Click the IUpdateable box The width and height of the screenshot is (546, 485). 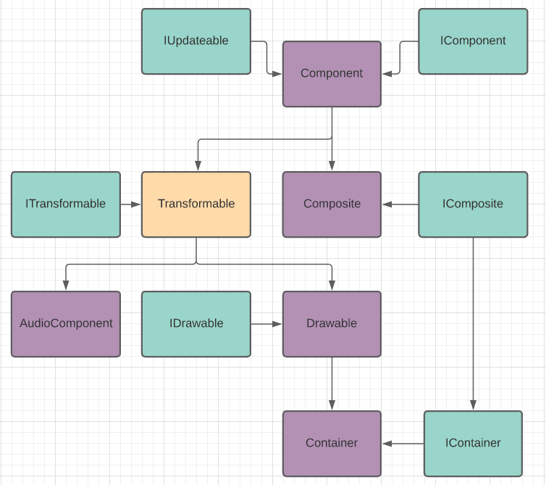[196, 41]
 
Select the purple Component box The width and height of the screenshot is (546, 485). [332, 74]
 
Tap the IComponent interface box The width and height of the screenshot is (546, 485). [473, 41]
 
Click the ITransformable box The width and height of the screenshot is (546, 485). [66, 204]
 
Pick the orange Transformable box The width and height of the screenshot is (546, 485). [196, 204]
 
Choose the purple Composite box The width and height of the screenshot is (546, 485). [332, 204]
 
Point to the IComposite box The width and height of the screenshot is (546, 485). [473, 204]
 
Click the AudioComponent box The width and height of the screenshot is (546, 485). [66, 324]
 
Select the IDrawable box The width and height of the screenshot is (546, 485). [196, 324]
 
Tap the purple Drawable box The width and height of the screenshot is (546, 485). [332, 324]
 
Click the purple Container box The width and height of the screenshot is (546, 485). [332, 444]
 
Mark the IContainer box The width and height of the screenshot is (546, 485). [473, 444]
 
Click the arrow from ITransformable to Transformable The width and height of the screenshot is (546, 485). [130, 204]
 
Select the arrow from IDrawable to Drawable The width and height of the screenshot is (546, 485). [266, 324]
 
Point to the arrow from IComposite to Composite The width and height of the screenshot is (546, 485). [400, 204]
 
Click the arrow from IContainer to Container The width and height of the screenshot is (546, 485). [402, 444]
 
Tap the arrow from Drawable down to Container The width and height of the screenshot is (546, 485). [332, 384]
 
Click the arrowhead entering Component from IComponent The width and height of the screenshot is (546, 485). [387, 73]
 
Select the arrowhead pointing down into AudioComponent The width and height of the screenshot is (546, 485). [66, 286]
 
